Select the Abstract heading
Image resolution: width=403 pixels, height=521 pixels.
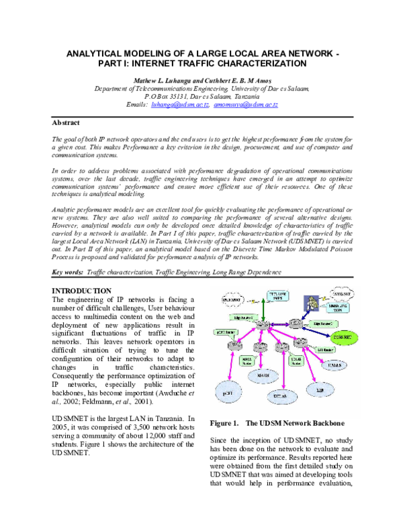66,123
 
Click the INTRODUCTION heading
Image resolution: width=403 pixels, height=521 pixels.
82,290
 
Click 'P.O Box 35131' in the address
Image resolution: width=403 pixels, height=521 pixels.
168,97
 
